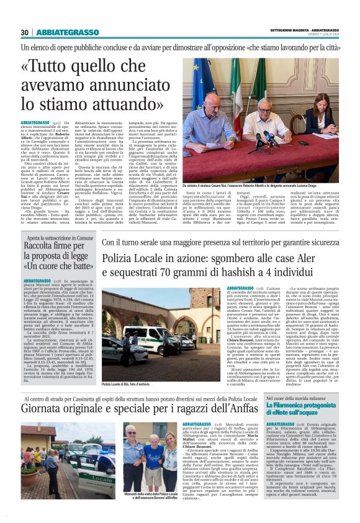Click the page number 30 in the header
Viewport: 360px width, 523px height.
(24, 33)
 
